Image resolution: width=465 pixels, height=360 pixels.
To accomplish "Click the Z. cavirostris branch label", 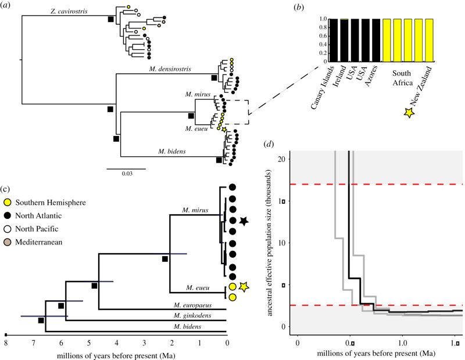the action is (x=69, y=12).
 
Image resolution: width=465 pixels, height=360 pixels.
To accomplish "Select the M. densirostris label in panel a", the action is (x=170, y=69).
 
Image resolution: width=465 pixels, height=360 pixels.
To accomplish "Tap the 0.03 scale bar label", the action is (x=127, y=174).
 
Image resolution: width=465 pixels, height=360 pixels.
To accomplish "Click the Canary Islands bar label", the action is (x=323, y=87).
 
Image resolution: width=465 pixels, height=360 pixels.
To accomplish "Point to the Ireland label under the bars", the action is (x=339, y=76).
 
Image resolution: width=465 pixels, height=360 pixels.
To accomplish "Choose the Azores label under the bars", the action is (x=371, y=75).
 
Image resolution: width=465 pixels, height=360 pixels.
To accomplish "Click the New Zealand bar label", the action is (x=421, y=86).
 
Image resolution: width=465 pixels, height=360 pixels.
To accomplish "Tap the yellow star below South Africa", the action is (x=409, y=113).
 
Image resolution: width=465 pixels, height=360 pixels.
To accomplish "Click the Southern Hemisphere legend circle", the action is (x=7, y=203).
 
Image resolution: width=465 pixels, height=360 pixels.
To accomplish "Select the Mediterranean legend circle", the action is (x=7, y=242).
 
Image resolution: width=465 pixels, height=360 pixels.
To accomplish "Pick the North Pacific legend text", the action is (x=37, y=229).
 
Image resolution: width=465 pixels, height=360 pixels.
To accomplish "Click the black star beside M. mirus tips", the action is (x=244, y=221).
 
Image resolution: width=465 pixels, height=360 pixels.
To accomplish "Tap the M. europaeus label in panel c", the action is (x=193, y=305).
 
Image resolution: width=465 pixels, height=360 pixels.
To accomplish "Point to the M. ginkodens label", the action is (x=192, y=315).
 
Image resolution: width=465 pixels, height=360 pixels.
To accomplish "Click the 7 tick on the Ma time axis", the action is (x=33, y=343).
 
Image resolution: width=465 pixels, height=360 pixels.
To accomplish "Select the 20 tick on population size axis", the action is (x=282, y=159).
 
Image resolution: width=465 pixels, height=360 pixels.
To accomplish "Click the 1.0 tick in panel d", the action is (x=402, y=343).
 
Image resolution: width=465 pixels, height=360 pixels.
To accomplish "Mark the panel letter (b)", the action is (x=299, y=7).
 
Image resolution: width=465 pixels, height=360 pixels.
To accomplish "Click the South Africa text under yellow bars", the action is (x=402, y=78).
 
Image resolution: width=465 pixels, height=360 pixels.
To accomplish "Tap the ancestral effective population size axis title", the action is (x=269, y=243).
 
